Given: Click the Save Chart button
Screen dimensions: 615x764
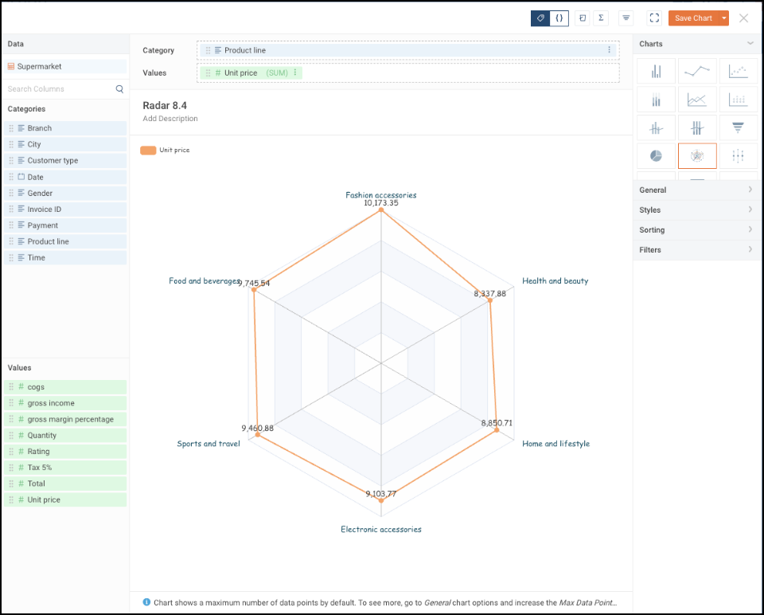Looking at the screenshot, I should (692, 18).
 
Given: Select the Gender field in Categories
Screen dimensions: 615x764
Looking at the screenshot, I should (40, 193).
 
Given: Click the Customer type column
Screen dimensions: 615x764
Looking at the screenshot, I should (53, 160).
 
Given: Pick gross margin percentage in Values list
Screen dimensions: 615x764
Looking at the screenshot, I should (70, 419).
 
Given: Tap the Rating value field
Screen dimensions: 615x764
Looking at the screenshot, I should (38, 452).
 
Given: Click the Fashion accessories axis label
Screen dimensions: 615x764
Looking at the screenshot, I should (380, 194).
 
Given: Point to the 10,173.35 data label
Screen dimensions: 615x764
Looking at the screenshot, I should (380, 203).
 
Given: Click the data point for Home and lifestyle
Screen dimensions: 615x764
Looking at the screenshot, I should (497, 430).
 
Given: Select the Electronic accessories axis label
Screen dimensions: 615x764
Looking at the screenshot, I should (381, 529).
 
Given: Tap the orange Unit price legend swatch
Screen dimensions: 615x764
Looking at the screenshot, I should (148, 150).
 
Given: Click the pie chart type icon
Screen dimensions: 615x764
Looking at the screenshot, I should (656, 156).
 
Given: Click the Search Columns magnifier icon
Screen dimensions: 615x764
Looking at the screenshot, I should (119, 89).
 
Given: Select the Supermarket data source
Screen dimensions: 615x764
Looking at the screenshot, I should (39, 67).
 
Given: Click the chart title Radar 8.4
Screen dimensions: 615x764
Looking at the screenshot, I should (165, 105).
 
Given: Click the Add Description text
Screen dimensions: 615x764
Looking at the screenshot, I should (170, 119).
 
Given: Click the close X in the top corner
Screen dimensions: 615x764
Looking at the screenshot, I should (743, 18).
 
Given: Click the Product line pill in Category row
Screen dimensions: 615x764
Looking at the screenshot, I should (245, 50).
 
